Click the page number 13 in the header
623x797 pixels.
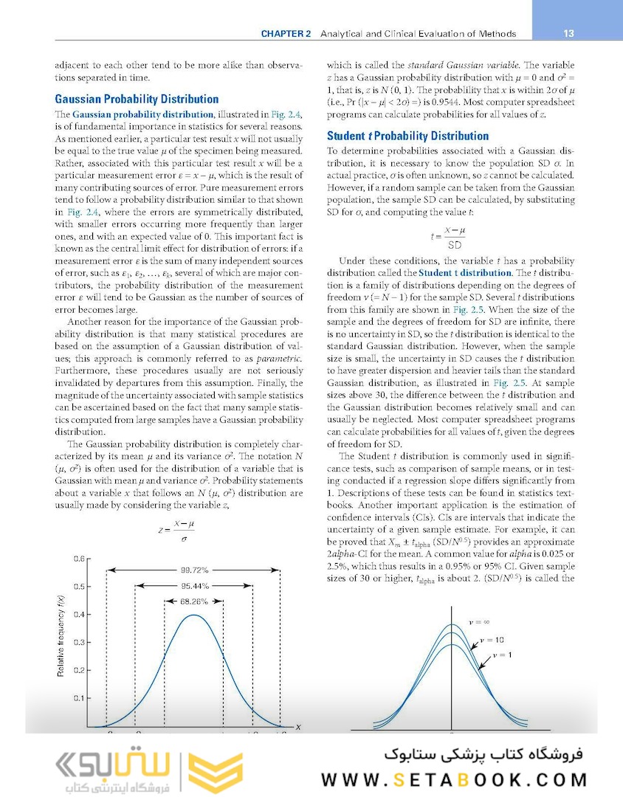tap(568, 33)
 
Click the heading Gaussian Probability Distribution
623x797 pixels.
tap(137, 99)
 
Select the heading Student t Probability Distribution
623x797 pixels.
tap(407, 136)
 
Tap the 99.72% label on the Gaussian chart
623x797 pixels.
tap(194, 570)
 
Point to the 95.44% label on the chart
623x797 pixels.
tap(194, 587)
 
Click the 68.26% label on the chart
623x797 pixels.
tap(194, 602)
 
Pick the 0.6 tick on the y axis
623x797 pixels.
tap(77, 559)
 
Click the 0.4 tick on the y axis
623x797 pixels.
tap(77, 614)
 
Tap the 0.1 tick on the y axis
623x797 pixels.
tap(77, 697)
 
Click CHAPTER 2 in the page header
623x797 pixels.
tap(287, 34)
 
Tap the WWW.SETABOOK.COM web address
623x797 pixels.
tap(454, 779)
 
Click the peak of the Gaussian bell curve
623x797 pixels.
tap(194, 615)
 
